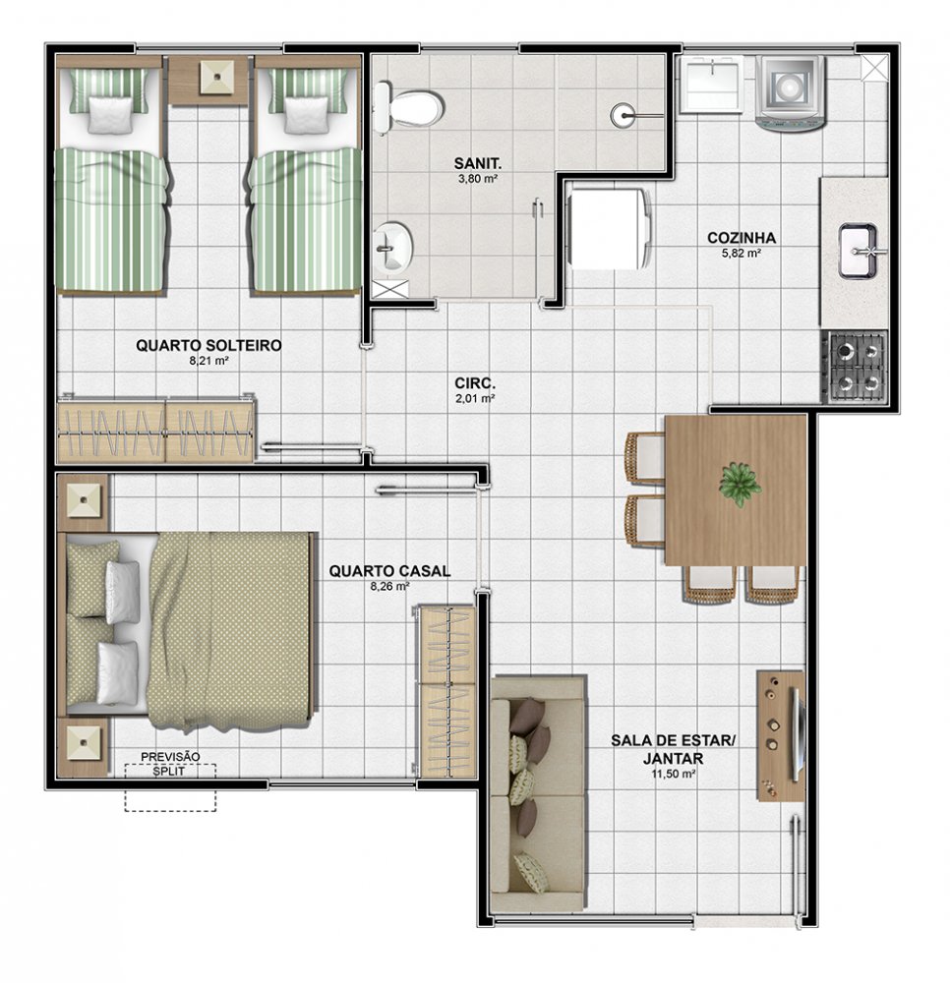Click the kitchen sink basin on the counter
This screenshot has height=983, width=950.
(858, 251)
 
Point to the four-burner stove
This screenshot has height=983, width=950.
(857, 367)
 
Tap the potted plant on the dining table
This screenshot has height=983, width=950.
(740, 484)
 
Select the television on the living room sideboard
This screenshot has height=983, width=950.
(798, 734)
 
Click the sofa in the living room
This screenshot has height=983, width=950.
(539, 793)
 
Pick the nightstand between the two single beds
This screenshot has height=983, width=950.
(208, 80)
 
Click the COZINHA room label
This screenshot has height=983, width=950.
(742, 238)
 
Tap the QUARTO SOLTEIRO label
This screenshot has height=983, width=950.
(208, 345)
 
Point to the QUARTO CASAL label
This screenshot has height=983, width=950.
(389, 571)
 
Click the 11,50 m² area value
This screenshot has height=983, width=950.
(673, 774)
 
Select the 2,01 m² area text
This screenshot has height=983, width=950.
(475, 398)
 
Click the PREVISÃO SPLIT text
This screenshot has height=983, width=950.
(170, 764)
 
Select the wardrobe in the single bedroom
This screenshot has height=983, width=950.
(156, 429)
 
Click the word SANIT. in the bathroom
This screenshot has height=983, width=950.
(478, 163)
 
